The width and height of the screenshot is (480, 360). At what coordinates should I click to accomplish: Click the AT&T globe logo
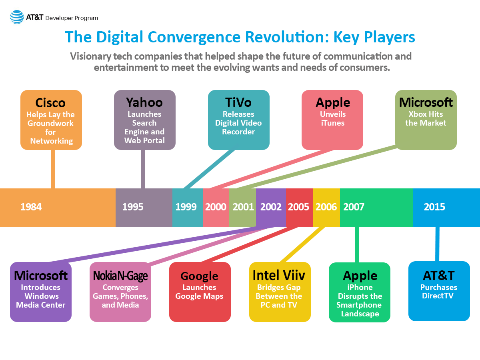click(x=17, y=17)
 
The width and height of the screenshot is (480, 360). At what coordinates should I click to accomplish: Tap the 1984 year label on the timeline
click(x=31, y=207)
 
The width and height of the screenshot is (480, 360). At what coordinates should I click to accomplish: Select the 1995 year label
click(x=133, y=207)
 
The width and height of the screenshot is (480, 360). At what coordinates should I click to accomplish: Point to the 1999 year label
click(x=186, y=207)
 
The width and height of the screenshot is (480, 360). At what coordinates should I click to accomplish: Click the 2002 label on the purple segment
click(x=271, y=207)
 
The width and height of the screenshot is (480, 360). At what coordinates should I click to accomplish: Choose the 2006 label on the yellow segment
click(x=326, y=207)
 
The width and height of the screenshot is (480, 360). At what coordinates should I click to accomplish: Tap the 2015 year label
click(x=434, y=207)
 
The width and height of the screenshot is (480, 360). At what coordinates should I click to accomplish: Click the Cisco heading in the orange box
click(x=50, y=103)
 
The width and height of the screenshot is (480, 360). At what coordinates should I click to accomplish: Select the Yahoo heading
click(x=144, y=102)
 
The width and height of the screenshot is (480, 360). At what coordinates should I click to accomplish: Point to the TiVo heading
click(x=238, y=102)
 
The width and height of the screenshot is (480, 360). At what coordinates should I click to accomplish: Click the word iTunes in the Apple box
click(x=333, y=123)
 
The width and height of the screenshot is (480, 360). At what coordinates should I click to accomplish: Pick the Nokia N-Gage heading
click(x=120, y=276)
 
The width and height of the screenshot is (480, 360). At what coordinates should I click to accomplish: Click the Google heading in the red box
click(x=199, y=276)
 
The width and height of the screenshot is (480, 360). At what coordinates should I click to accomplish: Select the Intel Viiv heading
click(x=279, y=275)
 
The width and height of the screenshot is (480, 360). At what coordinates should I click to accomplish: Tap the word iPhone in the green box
click(x=360, y=287)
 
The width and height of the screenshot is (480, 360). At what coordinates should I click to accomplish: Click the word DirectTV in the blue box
click(x=438, y=296)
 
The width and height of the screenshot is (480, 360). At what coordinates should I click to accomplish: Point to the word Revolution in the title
click(x=287, y=37)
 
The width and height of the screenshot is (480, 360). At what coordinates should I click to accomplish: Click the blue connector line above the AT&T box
click(x=437, y=244)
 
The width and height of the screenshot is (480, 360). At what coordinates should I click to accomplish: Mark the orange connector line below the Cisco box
click(x=53, y=169)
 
